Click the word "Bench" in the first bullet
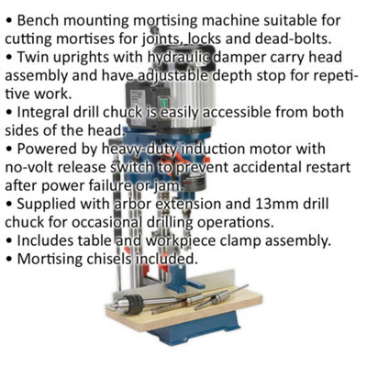(38, 21)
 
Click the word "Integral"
(43, 113)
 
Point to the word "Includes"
(45, 240)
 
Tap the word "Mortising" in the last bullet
(50, 260)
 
